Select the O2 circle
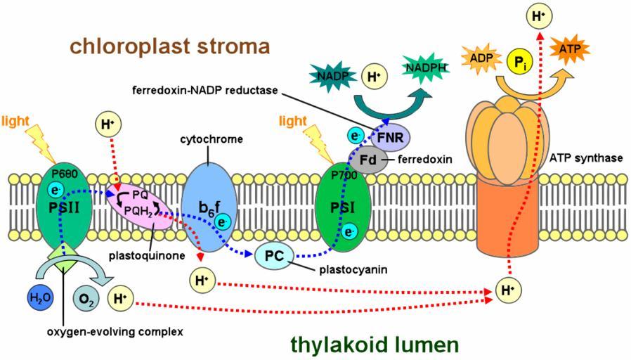(84, 297)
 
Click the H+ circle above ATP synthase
(538, 15)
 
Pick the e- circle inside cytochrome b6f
(223, 223)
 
